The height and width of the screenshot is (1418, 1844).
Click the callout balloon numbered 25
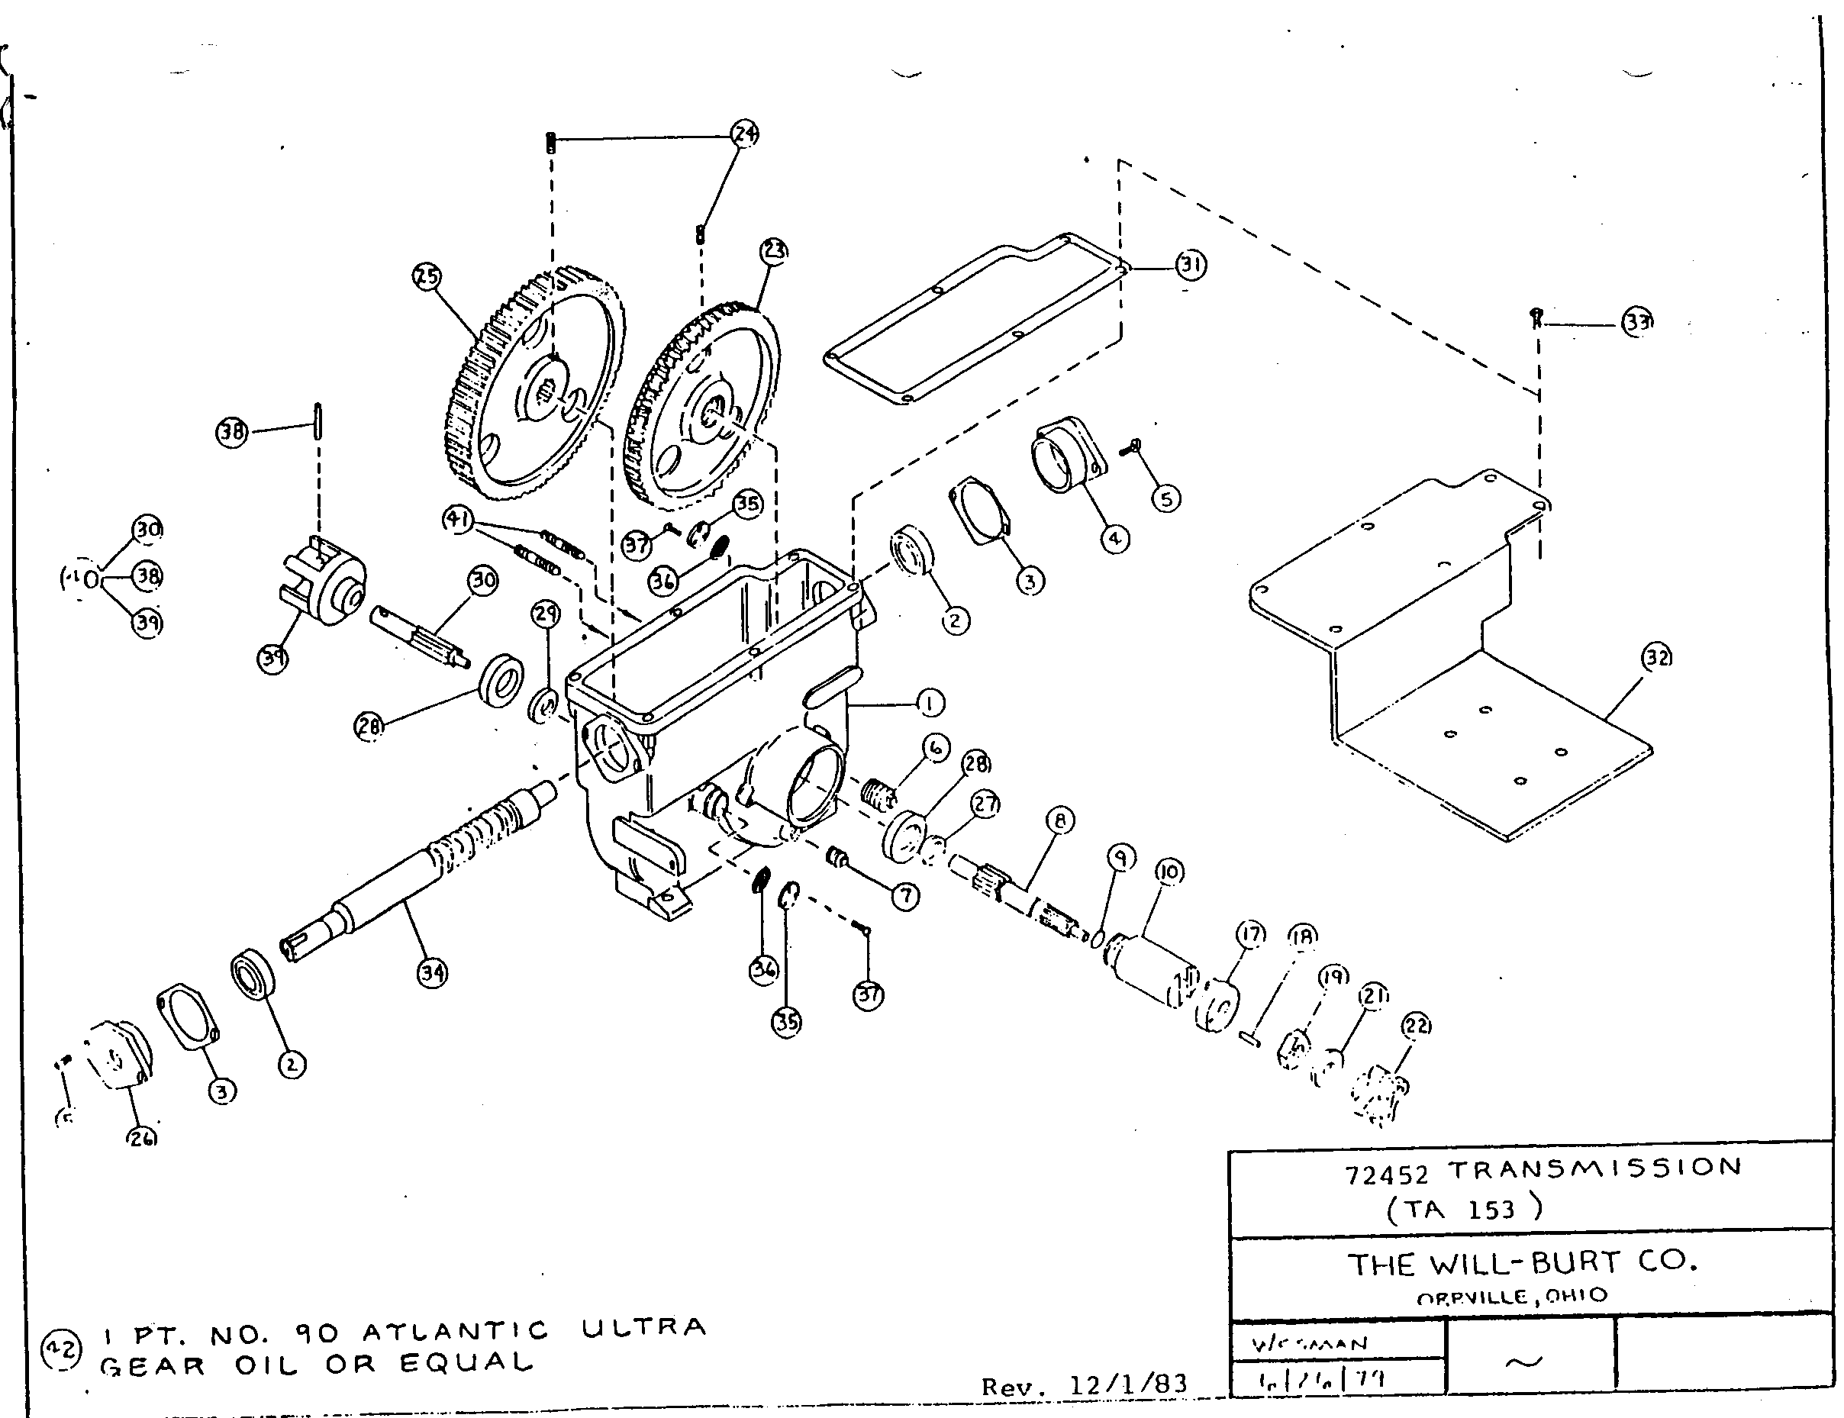427,276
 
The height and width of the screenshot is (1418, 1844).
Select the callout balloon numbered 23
774,250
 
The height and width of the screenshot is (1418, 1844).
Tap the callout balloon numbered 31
1191,265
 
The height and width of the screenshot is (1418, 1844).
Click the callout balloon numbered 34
432,973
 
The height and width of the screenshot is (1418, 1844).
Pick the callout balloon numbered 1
930,702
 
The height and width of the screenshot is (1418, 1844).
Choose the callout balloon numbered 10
1170,871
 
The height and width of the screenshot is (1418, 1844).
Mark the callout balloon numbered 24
744,134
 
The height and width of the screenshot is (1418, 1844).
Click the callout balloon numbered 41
457,519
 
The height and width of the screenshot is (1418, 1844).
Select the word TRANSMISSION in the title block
1595,1168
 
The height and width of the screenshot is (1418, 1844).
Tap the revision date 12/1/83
1128,1385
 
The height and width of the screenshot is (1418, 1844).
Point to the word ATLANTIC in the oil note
456,1332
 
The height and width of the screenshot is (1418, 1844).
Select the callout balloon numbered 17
1252,934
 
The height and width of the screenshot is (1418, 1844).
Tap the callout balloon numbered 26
143,1138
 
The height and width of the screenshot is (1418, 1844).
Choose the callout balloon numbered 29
546,613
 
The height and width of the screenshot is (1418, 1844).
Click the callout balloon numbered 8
1060,820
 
